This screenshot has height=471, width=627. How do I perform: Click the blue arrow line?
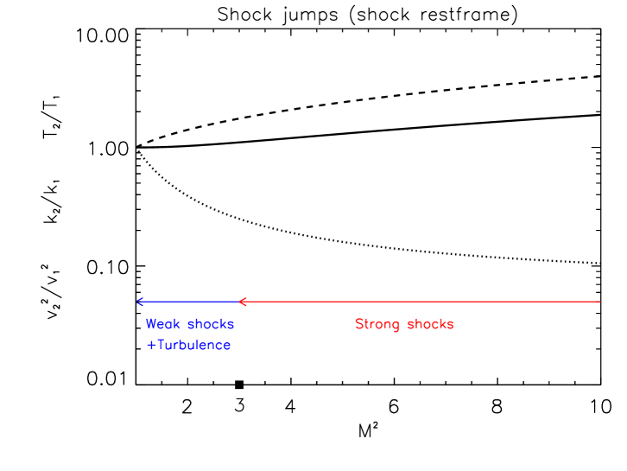pos(187,302)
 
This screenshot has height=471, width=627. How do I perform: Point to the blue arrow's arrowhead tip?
pos(137,302)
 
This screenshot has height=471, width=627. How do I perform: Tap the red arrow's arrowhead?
pos(241,302)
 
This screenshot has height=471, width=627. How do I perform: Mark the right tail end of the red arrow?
pos(599,302)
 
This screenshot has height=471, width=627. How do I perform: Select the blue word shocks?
pos(211,324)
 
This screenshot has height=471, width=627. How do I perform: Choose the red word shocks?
pos(430,324)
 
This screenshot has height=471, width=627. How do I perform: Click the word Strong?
pos(377,325)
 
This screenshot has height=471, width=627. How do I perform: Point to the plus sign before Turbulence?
pos(151,345)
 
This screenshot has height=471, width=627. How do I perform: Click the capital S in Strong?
pos(359,324)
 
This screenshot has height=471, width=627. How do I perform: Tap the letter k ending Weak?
pos(177,324)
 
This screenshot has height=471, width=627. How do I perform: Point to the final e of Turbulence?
pos(227,346)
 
